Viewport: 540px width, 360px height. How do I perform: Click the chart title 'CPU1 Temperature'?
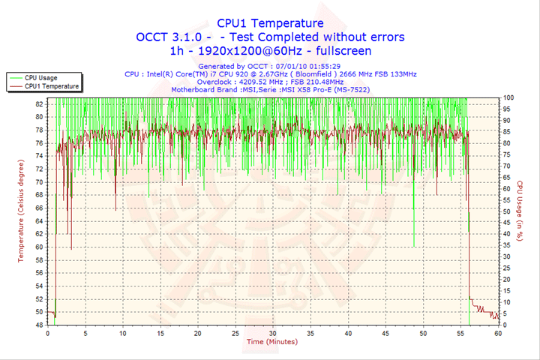[270, 23]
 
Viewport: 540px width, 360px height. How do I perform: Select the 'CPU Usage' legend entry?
[40, 77]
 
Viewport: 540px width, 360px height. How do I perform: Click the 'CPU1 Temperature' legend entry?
[51, 86]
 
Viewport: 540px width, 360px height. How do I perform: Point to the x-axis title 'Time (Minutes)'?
[271, 341]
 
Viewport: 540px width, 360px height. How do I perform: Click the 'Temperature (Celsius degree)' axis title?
[21, 211]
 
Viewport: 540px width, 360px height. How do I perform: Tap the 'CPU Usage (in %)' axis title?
[519, 211]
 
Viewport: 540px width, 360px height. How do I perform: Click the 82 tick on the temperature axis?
[39, 104]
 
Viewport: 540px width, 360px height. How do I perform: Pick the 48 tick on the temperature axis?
[39, 325]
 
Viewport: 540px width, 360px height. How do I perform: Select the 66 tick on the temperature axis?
[39, 208]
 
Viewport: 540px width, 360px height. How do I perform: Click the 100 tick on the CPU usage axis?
[508, 97]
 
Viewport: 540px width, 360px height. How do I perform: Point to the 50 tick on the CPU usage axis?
[507, 211]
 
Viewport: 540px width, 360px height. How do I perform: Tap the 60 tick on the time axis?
[498, 333]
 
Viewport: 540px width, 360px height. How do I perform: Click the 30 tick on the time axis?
[273, 333]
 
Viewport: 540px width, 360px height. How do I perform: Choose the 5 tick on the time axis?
[85, 333]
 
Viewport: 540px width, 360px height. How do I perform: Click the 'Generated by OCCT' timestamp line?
[270, 66]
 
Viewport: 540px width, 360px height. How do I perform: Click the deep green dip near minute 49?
[415, 244]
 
